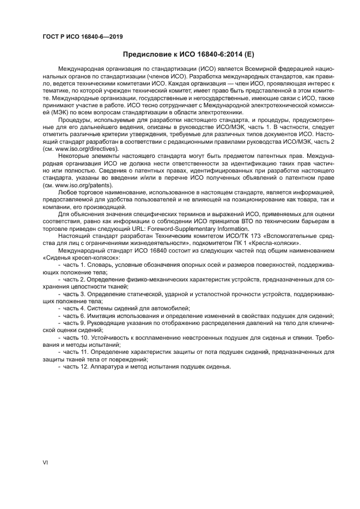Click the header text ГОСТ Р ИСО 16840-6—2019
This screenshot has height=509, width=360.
click(x=82, y=36)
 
